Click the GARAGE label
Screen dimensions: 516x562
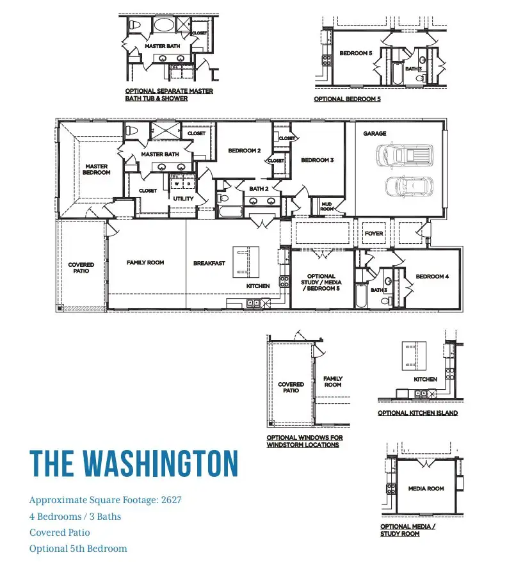[x=375, y=133]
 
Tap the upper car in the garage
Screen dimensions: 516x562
[x=405, y=156]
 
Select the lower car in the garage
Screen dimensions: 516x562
[x=409, y=186]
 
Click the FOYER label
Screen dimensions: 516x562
[x=374, y=234]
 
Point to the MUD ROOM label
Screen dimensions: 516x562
[x=327, y=207]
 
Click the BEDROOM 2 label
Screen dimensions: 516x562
[x=245, y=150]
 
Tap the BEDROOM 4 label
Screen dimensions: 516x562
[x=432, y=277]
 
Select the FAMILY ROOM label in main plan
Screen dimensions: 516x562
[x=145, y=262]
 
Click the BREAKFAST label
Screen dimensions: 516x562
[x=209, y=263]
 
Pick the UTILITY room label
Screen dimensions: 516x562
[x=183, y=198]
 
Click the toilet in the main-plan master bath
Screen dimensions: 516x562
[x=132, y=131]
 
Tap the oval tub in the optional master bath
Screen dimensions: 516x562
[x=165, y=25]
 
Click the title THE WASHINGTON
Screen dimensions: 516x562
[x=134, y=463]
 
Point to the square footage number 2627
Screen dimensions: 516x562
[x=172, y=500]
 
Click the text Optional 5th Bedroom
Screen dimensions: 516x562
[x=78, y=549]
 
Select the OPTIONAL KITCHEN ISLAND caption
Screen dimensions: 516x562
[x=418, y=413]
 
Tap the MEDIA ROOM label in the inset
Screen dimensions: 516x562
[x=426, y=488]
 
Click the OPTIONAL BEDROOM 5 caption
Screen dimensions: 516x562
[x=347, y=99]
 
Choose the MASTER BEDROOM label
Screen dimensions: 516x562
[x=97, y=169]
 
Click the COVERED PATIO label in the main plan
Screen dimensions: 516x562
[x=81, y=268]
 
